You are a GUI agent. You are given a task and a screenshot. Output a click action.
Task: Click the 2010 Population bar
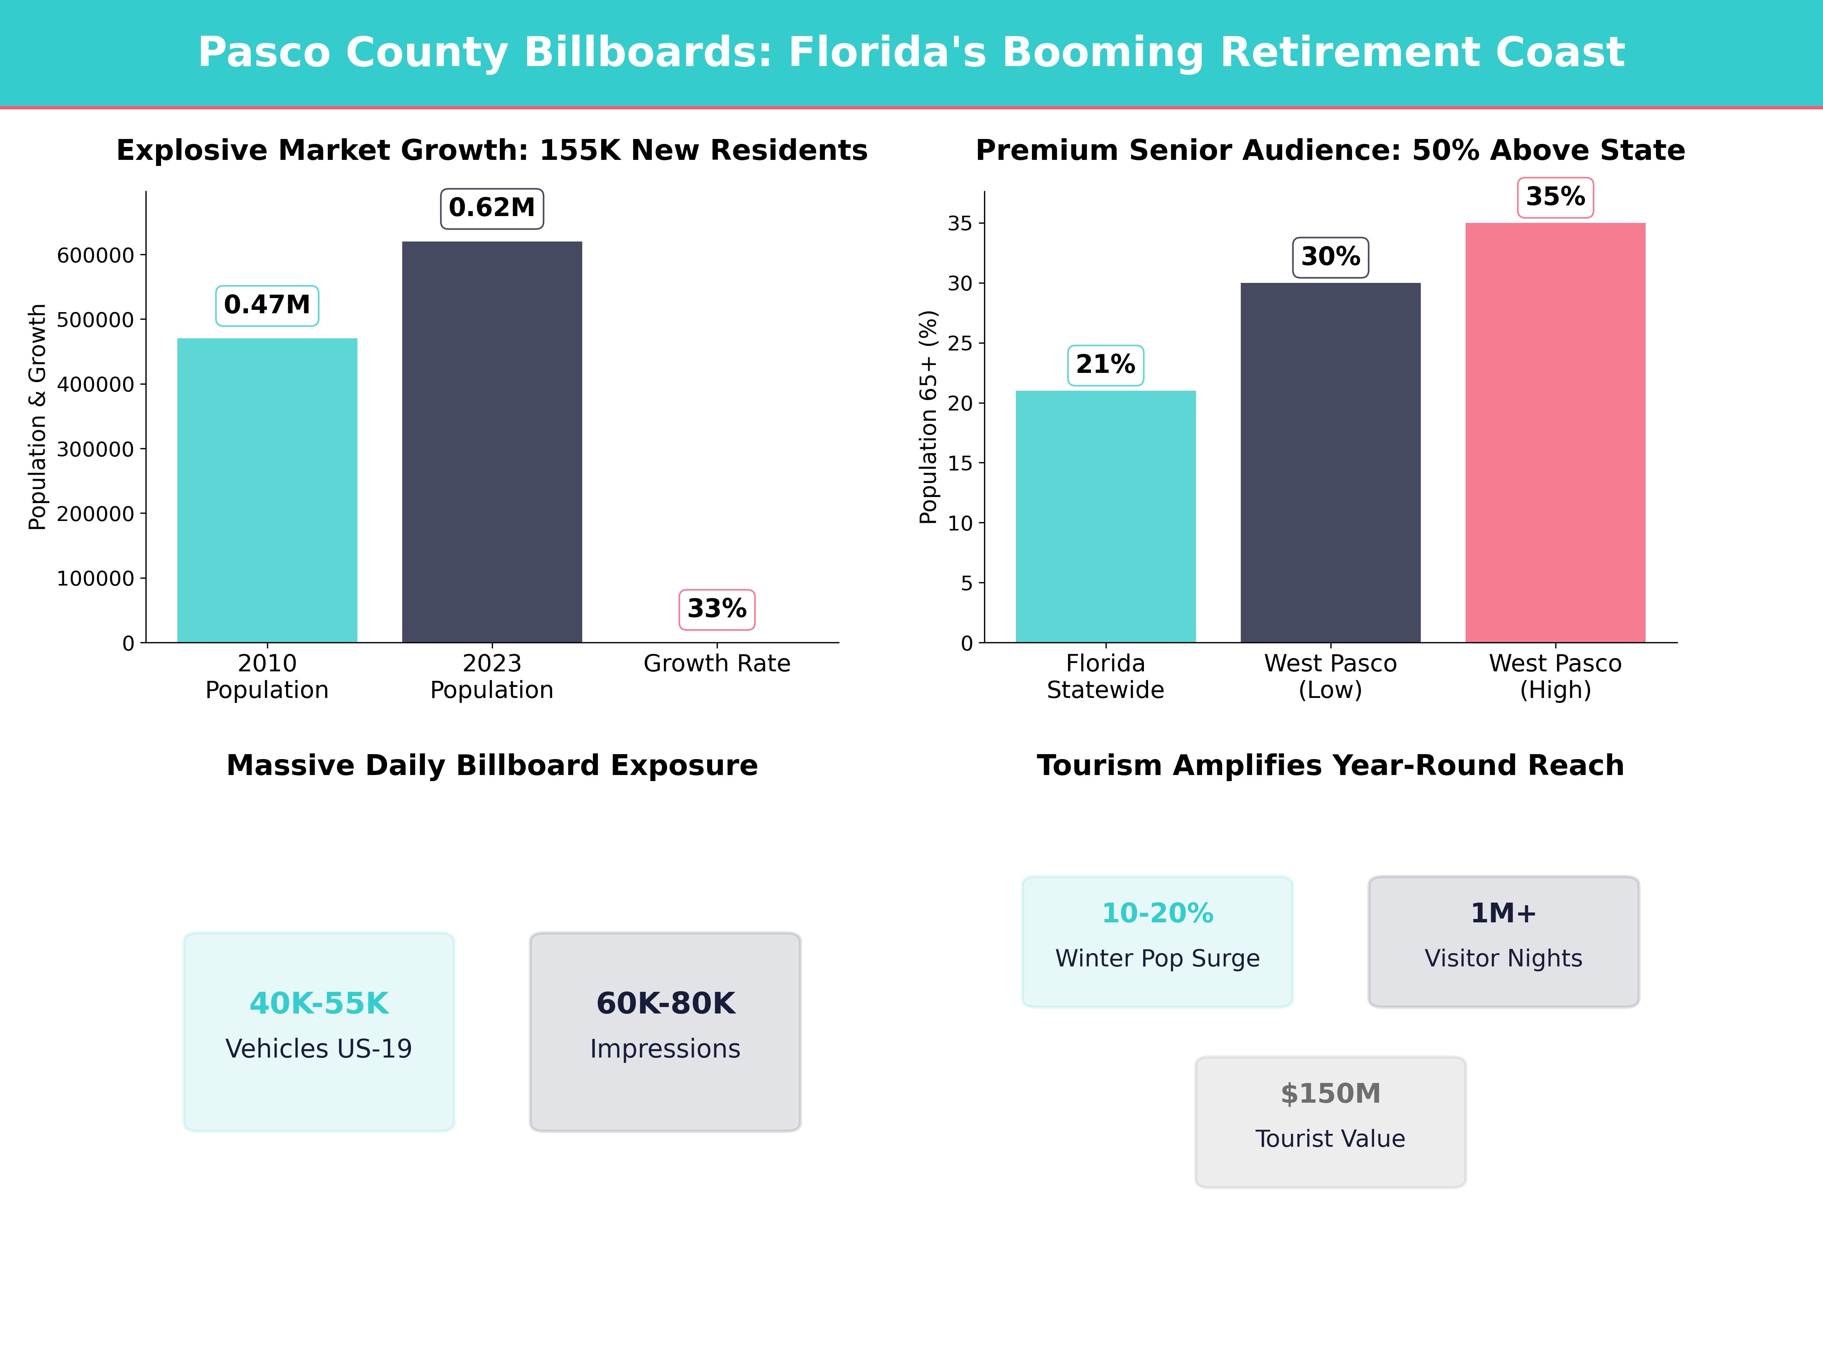tap(267, 490)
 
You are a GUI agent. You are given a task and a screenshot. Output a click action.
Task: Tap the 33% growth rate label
tap(716, 609)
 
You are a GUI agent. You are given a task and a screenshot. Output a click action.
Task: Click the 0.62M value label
tap(492, 208)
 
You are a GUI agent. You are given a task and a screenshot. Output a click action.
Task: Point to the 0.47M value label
tap(267, 305)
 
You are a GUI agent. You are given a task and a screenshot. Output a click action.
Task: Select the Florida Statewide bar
tap(1105, 517)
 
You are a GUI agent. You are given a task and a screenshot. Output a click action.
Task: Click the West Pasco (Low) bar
tap(1330, 462)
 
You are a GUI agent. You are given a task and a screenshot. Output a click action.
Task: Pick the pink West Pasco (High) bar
tap(1555, 433)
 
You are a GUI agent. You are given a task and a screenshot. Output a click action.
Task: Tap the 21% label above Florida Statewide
tap(1105, 364)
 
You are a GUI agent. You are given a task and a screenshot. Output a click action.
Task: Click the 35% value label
tap(1555, 197)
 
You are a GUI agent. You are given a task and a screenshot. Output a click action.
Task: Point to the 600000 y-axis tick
tap(95, 256)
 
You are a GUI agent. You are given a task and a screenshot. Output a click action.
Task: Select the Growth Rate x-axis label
tap(716, 663)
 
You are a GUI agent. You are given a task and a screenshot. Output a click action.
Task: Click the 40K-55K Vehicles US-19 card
tap(319, 1032)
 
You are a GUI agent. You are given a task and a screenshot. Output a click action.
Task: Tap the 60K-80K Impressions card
tap(665, 1032)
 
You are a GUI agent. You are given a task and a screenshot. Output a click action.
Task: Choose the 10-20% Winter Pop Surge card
tap(1157, 941)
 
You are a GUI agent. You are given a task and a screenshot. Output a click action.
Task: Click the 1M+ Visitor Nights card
tap(1503, 941)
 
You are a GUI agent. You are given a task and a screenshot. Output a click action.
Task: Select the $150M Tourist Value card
tap(1330, 1121)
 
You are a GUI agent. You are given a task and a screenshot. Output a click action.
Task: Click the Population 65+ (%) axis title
tap(929, 417)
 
